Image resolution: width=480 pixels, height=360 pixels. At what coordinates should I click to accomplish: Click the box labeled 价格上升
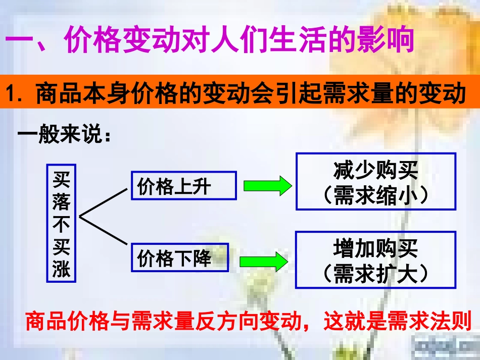coord(183,186)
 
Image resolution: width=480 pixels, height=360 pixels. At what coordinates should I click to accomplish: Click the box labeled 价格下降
coord(180,258)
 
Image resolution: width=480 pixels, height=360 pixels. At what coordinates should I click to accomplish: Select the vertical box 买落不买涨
coord(62,223)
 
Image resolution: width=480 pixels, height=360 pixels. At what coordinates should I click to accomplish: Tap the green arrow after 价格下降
coord(264,261)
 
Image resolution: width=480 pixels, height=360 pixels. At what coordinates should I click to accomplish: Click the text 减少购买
coord(376,171)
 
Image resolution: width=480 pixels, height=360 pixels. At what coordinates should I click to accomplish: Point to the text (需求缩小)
coord(376,195)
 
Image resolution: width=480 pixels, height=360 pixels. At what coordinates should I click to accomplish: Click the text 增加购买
coord(376,248)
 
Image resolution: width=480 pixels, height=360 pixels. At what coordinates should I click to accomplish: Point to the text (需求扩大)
coord(376,273)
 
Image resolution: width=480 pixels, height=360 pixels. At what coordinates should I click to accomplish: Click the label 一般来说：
coord(64,136)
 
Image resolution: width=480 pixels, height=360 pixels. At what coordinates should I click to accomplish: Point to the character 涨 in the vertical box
coord(62,269)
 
